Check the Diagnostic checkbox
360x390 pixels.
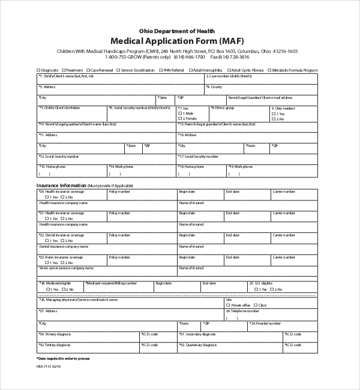point(39,70)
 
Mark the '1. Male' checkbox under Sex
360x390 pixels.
point(181,113)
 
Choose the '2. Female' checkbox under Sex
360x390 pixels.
point(181,119)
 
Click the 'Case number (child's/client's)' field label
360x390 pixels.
point(228,77)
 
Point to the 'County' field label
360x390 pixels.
point(215,87)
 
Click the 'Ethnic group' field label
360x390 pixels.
point(225,108)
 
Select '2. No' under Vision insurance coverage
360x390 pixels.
point(62,262)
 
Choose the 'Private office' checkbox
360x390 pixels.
point(229,305)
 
